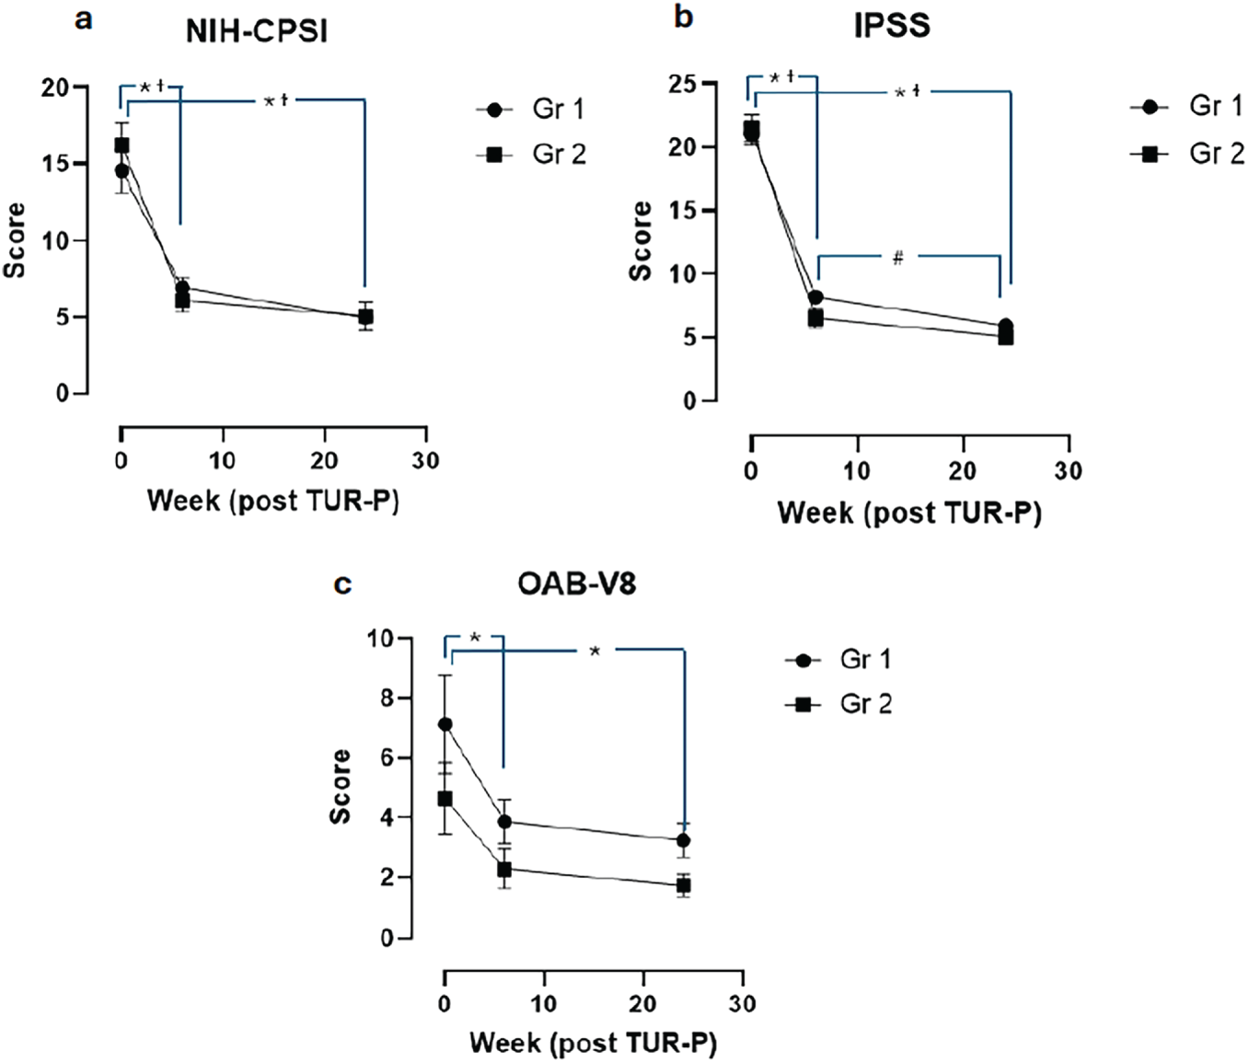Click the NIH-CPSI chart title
click(x=257, y=31)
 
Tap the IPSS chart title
click(x=891, y=26)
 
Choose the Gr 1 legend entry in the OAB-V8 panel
click(x=838, y=660)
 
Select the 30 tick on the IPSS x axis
click(x=1068, y=471)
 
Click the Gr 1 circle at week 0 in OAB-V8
click(x=445, y=724)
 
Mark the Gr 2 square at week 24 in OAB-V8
click(x=683, y=885)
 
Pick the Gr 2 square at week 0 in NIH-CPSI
click(x=121, y=145)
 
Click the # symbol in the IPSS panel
click(x=897, y=259)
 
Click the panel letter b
click(x=683, y=17)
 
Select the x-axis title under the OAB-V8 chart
click(x=593, y=1043)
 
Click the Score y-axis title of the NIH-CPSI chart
click(x=15, y=240)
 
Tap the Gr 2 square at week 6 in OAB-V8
click(x=504, y=869)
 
